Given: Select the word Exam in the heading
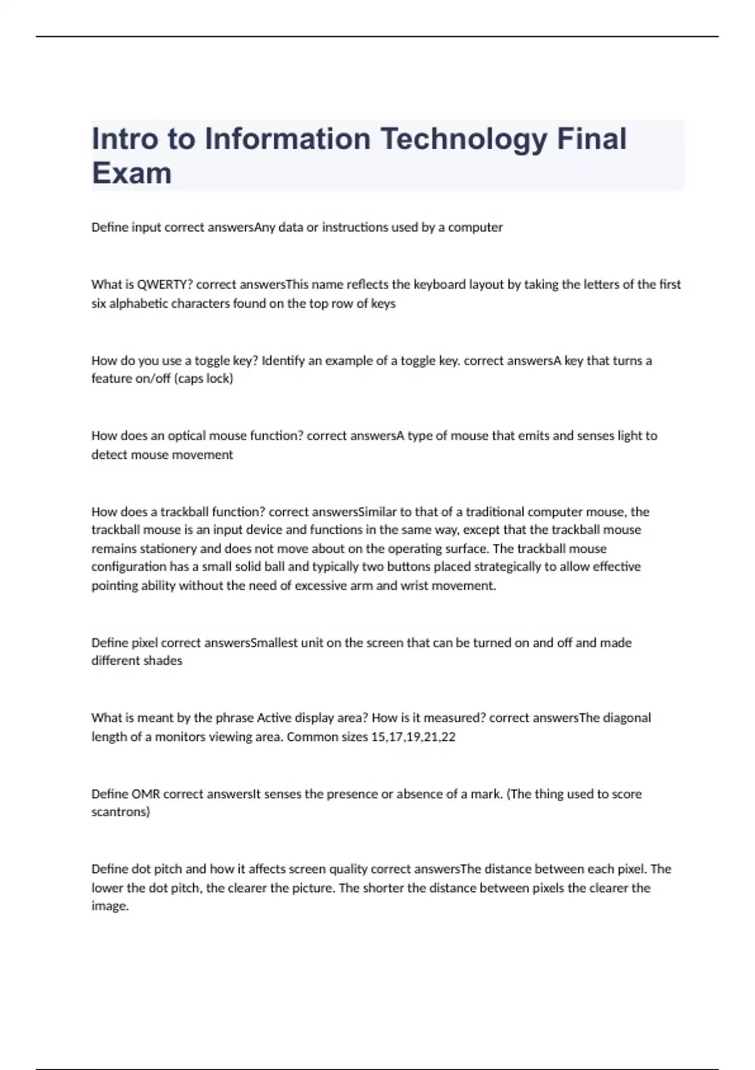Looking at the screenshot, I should pyautogui.click(x=131, y=173).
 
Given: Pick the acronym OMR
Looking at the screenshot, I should pyautogui.click(x=145, y=794).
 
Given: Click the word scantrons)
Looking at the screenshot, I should pyautogui.click(x=121, y=812).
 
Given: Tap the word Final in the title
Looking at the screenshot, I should pyautogui.click(x=591, y=140).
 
